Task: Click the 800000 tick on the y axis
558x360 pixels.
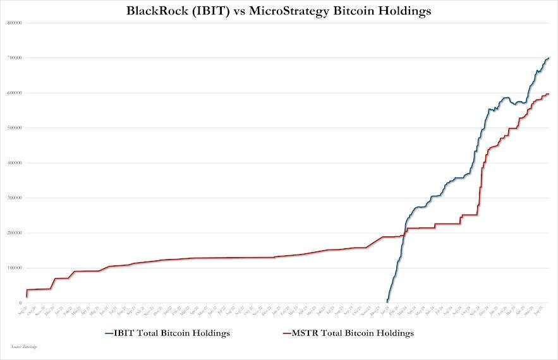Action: (15, 23)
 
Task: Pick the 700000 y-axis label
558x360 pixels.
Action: (15, 58)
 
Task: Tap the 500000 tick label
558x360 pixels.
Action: (15, 128)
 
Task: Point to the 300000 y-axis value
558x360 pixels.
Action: (15, 198)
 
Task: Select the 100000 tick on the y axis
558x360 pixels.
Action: (15, 268)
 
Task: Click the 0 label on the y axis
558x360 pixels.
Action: (21, 303)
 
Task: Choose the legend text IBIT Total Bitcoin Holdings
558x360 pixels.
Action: (172, 332)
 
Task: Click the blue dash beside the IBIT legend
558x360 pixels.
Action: (109, 333)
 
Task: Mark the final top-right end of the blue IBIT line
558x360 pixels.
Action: (549, 58)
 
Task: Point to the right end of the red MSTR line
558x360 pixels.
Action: (549, 94)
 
